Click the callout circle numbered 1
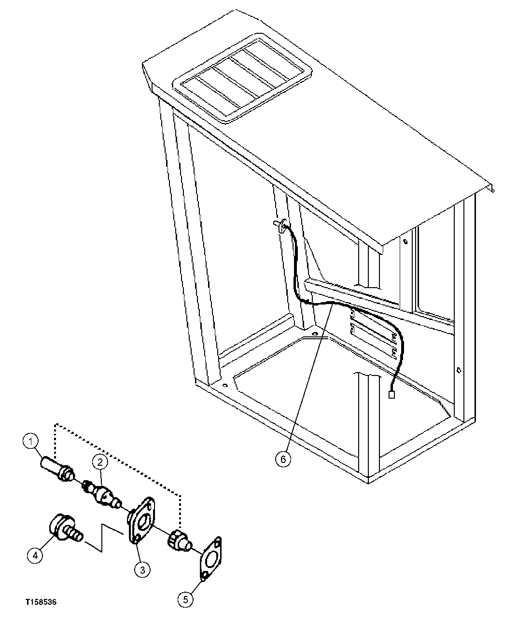click(x=30, y=441)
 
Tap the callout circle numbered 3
click(x=142, y=570)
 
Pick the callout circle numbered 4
click(x=34, y=556)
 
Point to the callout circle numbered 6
click(x=283, y=458)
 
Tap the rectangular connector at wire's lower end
click(x=391, y=395)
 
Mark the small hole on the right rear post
click(x=457, y=371)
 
